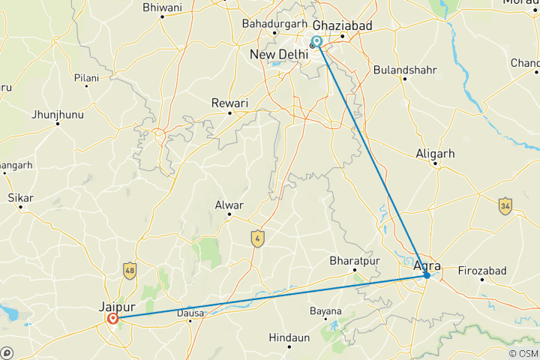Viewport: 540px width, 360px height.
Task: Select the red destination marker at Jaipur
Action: (112, 319)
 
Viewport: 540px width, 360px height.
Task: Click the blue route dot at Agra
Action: (426, 275)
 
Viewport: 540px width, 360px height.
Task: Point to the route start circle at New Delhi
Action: (317, 42)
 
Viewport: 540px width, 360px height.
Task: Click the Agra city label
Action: (426, 263)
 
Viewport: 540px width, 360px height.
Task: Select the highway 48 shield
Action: (131, 270)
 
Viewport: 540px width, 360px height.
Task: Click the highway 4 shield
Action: (258, 238)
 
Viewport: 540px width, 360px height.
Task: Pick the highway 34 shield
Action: (505, 205)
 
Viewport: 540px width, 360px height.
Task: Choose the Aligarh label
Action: (436, 154)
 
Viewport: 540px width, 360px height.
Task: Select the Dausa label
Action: (190, 313)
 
